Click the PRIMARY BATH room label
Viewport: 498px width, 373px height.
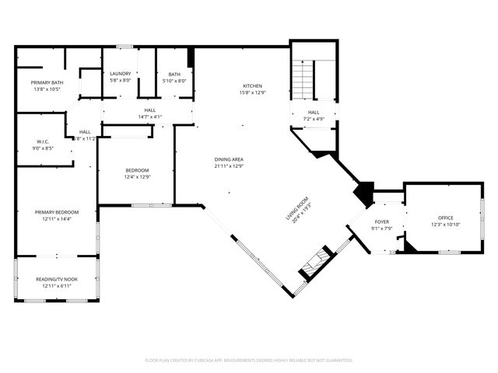47,82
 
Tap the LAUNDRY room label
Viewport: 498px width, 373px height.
121,74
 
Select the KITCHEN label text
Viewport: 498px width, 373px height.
251,85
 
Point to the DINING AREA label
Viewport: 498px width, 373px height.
230,159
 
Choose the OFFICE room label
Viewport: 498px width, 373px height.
445,218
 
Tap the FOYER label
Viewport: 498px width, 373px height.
381,221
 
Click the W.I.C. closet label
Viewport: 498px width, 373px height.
41,141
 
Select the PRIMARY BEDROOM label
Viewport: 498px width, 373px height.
56,212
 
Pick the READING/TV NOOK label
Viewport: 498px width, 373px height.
56,280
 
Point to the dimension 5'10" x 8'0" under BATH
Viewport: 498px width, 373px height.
174,80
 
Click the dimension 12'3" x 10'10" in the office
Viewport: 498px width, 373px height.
445,225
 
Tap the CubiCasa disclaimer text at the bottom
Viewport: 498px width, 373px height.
249,360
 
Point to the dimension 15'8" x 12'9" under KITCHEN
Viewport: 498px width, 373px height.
251,92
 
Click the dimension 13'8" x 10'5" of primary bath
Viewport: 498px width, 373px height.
47,89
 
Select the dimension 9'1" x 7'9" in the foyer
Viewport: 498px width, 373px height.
381,228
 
